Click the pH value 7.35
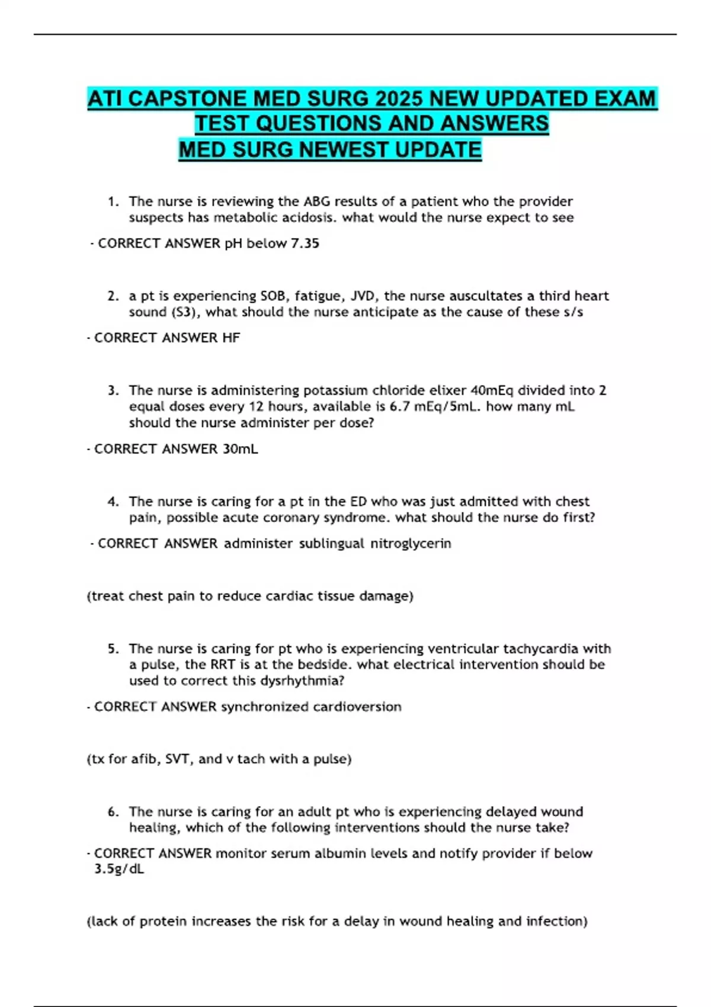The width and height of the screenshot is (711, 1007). click(305, 243)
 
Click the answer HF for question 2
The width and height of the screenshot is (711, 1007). click(231, 338)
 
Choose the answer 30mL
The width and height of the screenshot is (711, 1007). click(241, 449)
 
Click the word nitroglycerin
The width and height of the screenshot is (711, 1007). click(411, 544)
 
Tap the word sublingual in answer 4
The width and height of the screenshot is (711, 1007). click(331, 544)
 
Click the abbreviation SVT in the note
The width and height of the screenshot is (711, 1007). click(177, 759)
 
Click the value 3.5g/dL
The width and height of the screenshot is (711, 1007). click(119, 869)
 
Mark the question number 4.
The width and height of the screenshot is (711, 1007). click(113, 502)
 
